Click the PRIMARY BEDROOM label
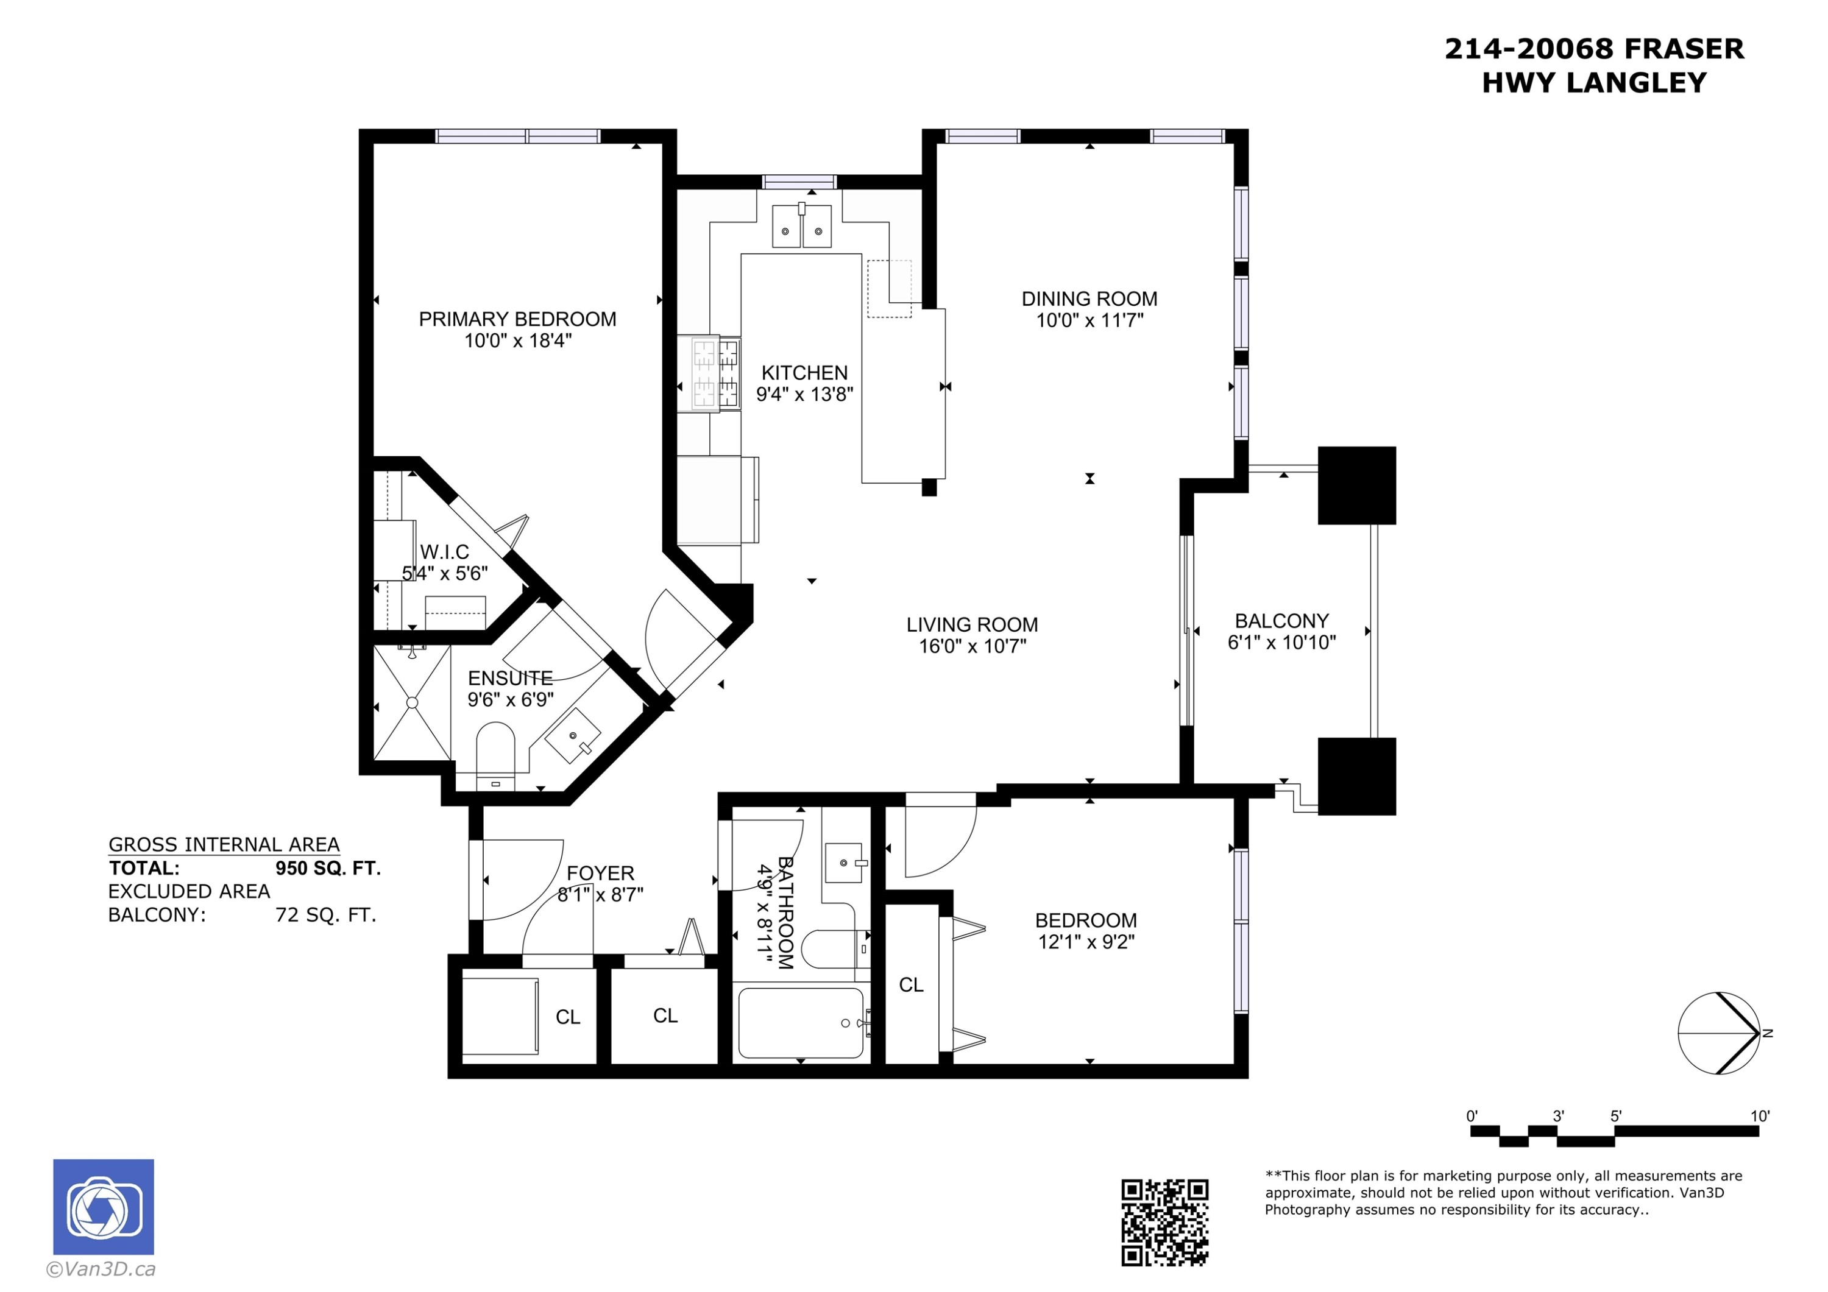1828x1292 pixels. [x=517, y=319]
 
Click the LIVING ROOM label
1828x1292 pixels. [x=972, y=625]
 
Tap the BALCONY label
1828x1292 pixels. [x=1281, y=621]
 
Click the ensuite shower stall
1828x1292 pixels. [x=412, y=702]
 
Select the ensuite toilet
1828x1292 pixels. [x=495, y=752]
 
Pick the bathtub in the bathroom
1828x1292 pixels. [x=800, y=1023]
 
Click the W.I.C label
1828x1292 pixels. [x=444, y=552]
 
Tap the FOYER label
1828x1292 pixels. [x=600, y=874]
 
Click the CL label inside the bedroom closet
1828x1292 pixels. [x=911, y=986]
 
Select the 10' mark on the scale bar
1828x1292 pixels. [x=1760, y=1116]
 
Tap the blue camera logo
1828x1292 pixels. [x=104, y=1206]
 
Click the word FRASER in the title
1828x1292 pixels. [x=1683, y=49]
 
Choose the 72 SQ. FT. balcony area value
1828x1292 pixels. [x=325, y=915]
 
